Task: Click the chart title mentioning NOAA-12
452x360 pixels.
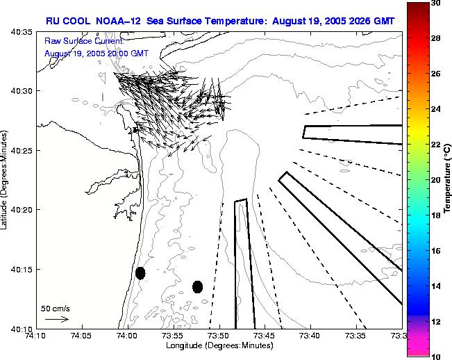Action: [x=220, y=22]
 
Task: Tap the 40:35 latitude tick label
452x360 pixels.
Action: [x=24, y=32]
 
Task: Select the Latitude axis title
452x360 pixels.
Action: [x=6, y=180]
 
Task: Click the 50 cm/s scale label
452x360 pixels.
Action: [x=55, y=308]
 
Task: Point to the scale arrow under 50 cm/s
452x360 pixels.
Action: [x=56, y=319]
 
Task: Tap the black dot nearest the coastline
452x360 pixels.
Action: [x=140, y=273]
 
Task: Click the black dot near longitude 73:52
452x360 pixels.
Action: [x=197, y=286]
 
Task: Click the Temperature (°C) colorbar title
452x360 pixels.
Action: [x=449, y=179]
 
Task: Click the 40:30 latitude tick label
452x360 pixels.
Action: [x=24, y=91]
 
